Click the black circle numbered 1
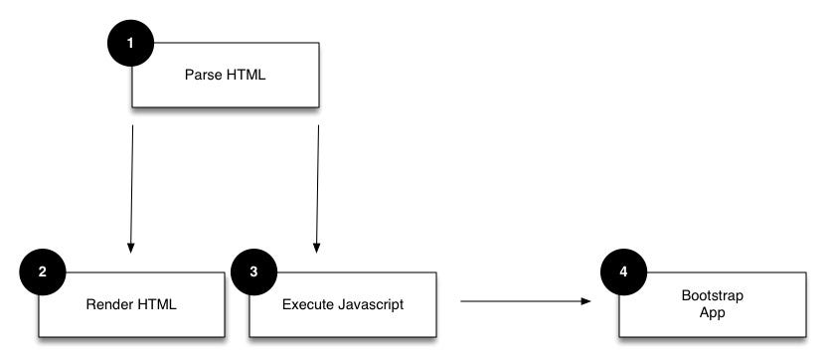[133, 44]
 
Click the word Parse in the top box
[202, 75]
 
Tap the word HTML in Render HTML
[154, 303]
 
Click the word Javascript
[370, 303]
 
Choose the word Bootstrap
[712, 295]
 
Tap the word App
[712, 311]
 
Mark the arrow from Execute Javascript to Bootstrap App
[527, 300]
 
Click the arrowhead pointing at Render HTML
[129, 247]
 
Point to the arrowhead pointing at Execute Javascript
[316, 247]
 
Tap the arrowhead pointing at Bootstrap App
[588, 300]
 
